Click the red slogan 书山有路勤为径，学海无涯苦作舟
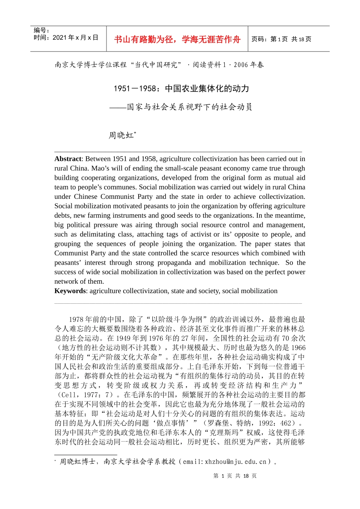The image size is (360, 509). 177,39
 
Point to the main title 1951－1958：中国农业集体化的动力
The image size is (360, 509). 182,89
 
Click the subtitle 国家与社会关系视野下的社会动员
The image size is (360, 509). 189,107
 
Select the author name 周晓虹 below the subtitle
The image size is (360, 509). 121,135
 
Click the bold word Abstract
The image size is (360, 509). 68,159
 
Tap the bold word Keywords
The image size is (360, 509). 70,291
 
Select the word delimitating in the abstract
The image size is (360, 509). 97,234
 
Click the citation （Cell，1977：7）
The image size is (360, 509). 85,395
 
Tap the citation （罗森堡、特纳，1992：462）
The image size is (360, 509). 249,423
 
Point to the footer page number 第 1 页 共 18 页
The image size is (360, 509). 235,476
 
